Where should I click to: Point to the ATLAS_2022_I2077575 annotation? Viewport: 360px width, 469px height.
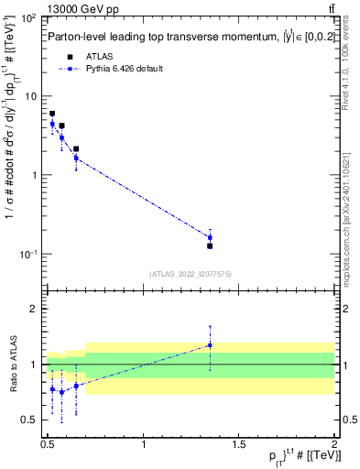pos(191,273)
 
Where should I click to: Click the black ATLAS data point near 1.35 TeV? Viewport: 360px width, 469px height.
pos(210,245)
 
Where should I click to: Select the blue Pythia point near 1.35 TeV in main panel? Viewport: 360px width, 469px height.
pos(210,237)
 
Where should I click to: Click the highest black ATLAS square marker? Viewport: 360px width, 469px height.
pos(52,114)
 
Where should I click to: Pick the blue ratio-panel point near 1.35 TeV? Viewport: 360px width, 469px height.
pos(210,345)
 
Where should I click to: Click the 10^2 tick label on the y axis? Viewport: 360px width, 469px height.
pos(30,18)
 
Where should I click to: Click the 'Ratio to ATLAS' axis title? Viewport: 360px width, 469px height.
pos(12,365)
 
